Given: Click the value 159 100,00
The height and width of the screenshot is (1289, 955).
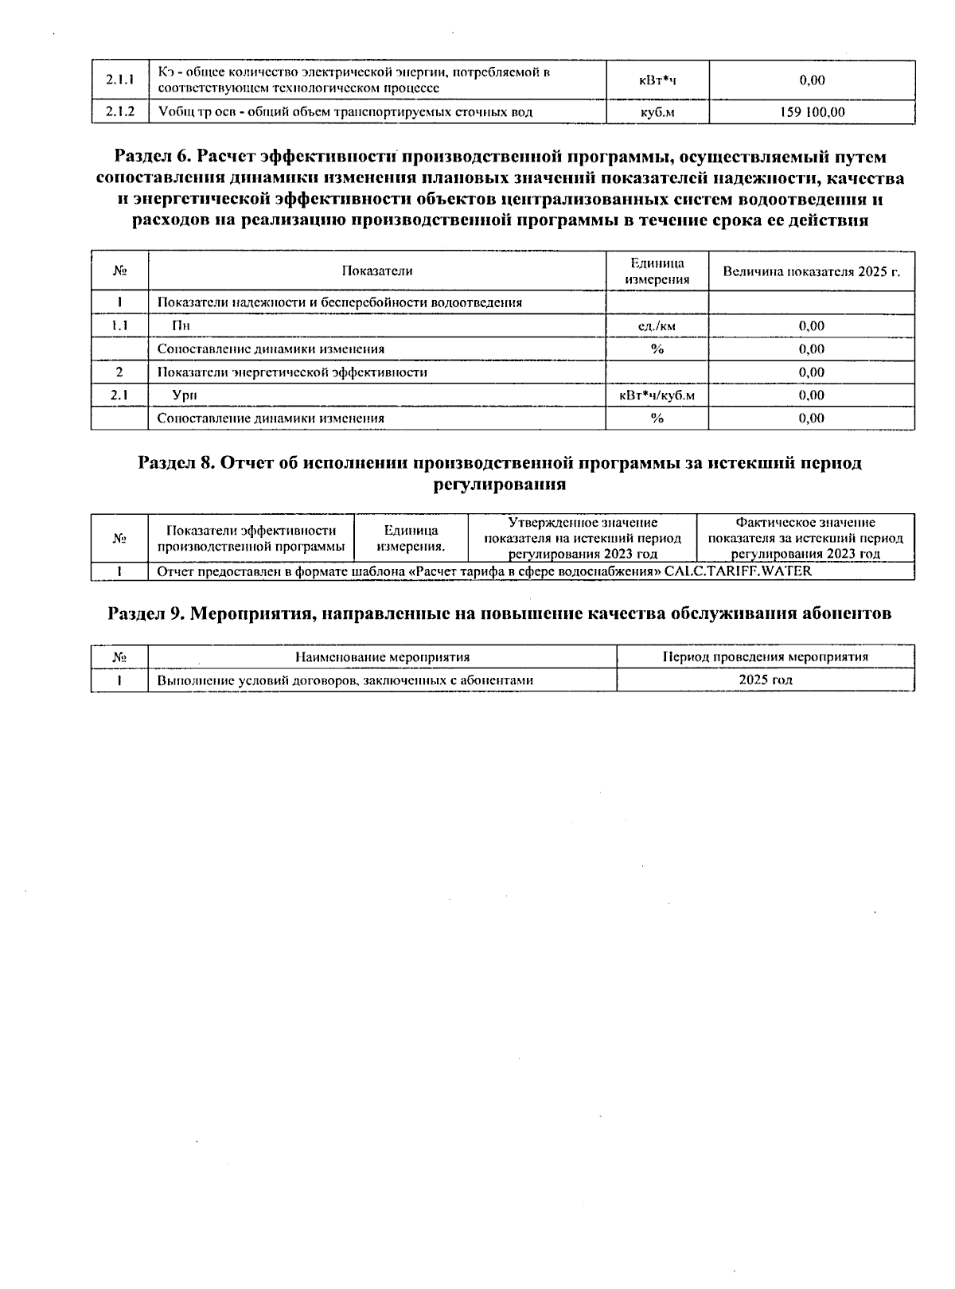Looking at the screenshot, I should pyautogui.click(x=811, y=112).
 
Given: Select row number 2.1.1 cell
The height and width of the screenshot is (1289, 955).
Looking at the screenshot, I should pyautogui.click(x=119, y=80).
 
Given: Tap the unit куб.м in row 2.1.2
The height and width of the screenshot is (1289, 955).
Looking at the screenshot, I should pyautogui.click(x=657, y=112).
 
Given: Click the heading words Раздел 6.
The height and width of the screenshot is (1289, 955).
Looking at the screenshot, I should pyautogui.click(x=152, y=158).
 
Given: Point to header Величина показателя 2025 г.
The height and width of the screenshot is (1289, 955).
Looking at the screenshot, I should pyautogui.click(x=811, y=271).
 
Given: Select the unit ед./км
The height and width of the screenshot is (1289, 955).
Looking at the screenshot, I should pyautogui.click(x=657, y=325).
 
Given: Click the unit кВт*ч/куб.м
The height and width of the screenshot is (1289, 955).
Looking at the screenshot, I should pyautogui.click(x=657, y=395).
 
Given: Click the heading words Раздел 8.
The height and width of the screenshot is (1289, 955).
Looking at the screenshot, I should pyautogui.click(x=175, y=463).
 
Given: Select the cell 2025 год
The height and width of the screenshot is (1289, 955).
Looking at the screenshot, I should pyautogui.click(x=765, y=680).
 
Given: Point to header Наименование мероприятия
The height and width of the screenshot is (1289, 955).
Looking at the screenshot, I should pyautogui.click(x=382, y=657).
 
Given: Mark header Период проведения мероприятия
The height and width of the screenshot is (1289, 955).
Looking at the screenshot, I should pyautogui.click(x=765, y=657).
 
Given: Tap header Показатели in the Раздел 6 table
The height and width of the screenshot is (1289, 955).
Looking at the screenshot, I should pyautogui.click(x=377, y=271).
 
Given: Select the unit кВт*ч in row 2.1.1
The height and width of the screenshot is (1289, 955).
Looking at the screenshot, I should pyautogui.click(x=657, y=80).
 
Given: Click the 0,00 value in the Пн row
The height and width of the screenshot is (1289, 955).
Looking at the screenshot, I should pyautogui.click(x=811, y=325).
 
